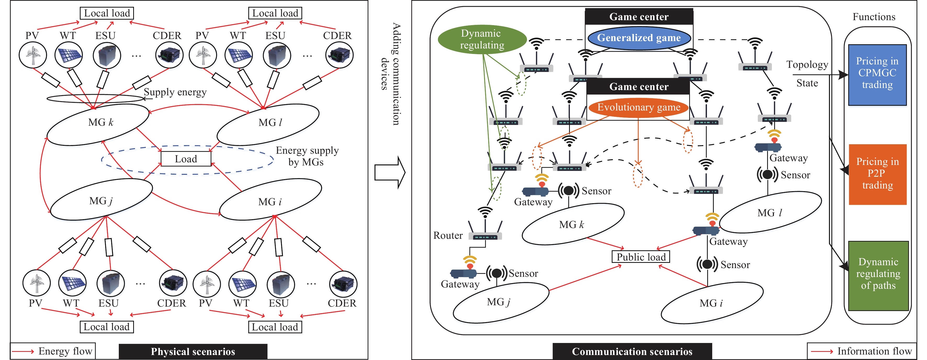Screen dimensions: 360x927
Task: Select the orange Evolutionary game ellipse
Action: pyautogui.click(x=638, y=107)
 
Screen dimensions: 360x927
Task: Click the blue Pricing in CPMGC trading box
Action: pyautogui.click(x=877, y=75)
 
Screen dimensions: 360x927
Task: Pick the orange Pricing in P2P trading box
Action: pyautogui.click(x=877, y=174)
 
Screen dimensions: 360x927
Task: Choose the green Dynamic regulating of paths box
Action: pyautogui.click(x=878, y=275)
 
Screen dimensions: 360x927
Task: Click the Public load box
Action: pyautogui.click(x=641, y=257)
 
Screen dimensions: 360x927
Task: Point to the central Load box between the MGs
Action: pyautogui.click(x=186, y=159)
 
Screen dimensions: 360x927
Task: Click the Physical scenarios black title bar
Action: pyautogui.click(x=193, y=351)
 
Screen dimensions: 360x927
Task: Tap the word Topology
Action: pyautogui.click(x=807, y=64)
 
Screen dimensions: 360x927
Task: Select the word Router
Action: pyautogui.click(x=448, y=235)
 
